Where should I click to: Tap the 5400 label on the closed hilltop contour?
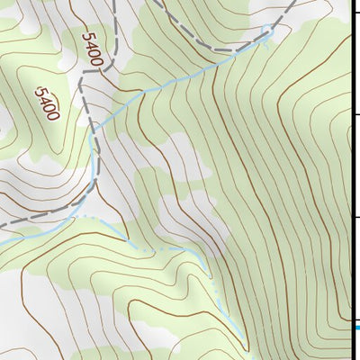[x=47, y=103]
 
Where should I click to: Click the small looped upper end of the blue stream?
[x=265, y=33]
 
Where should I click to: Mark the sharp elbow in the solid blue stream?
[x=144, y=88]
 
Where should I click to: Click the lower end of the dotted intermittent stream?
[x=246, y=346]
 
